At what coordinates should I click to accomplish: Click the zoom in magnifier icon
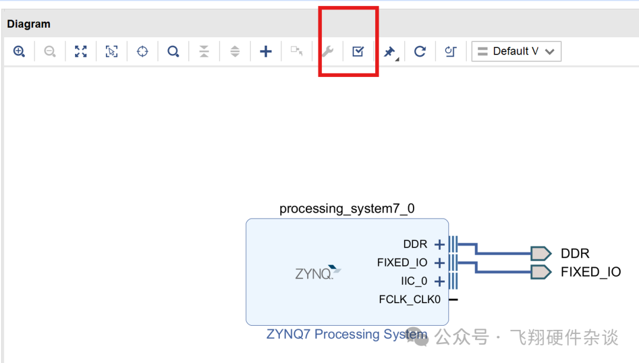19,52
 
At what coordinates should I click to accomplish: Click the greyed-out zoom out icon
50,52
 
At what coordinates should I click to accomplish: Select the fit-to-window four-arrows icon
81,52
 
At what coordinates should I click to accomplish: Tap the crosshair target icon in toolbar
142,52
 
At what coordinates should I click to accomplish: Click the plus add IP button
266,52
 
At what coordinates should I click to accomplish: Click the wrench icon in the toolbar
327,52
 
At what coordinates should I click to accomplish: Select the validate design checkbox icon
358,52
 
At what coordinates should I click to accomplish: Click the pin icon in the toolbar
389,52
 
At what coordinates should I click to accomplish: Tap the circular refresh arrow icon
419,52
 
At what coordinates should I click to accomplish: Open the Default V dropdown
516,52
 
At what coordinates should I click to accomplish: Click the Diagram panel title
28,24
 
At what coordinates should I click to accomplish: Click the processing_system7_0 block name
347,208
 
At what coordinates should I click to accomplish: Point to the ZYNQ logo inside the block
318,273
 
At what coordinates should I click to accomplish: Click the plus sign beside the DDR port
439,245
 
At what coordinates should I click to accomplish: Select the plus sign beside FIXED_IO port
439,262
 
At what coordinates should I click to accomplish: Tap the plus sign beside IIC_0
439,281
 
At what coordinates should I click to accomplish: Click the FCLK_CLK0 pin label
409,300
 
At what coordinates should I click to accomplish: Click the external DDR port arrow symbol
540,253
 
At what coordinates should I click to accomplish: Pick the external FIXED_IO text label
590,272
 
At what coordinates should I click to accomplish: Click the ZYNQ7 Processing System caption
346,335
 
